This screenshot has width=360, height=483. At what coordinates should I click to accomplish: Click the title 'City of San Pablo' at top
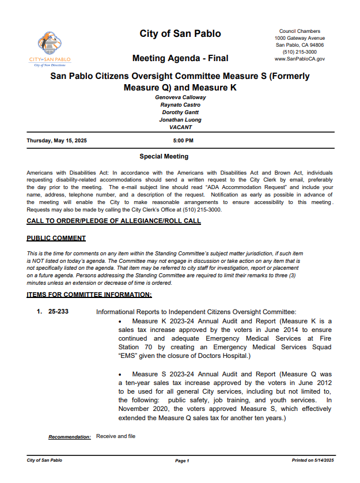pos(180,34)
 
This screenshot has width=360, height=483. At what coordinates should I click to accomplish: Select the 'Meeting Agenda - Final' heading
pos(180,58)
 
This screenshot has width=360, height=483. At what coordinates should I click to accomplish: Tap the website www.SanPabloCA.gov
pos(300,59)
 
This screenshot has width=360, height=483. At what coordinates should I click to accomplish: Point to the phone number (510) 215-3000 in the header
pos(300,52)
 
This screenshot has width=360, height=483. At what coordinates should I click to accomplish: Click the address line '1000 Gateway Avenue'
pos(300,38)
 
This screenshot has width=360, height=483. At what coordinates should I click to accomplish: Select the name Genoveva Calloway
pos(180,97)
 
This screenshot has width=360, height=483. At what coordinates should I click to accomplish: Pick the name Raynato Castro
pos(180,105)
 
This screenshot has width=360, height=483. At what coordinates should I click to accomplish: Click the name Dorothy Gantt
pos(180,112)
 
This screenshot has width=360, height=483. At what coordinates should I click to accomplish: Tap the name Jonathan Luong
pos(180,120)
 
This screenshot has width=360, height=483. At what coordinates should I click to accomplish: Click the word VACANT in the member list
pos(180,127)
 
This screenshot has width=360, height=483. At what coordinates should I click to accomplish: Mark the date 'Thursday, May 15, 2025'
pos(57,141)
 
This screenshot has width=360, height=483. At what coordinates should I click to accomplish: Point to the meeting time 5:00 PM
pos(183,141)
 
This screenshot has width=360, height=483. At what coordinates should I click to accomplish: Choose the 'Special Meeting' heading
pos(164,157)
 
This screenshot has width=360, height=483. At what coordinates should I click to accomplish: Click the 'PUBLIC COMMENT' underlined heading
pos(56,238)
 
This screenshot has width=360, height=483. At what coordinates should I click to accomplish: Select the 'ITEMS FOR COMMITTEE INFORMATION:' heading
pos(89,295)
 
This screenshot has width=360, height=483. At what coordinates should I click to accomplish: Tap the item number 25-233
pos(59,312)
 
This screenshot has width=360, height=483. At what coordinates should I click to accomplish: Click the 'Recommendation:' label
pos(69,437)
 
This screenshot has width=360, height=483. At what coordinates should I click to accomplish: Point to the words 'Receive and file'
pos(116,436)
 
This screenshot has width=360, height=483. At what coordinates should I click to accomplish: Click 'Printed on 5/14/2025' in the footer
pos(313,461)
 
